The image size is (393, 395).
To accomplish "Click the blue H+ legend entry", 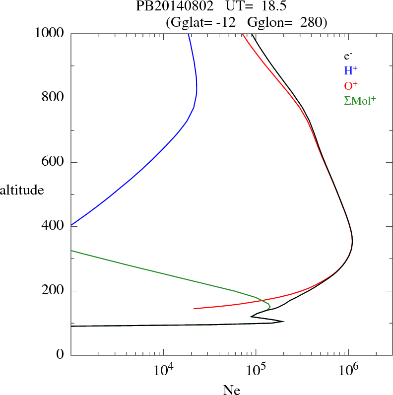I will (350, 70).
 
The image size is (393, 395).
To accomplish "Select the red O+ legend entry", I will (351, 85).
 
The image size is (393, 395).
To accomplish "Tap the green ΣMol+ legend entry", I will (360, 101).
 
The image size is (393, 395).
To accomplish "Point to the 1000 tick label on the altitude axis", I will (50, 33).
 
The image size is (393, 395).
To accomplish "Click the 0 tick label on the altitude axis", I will (61, 355).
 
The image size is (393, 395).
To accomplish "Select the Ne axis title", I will (231, 390).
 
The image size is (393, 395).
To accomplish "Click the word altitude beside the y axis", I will (22, 190).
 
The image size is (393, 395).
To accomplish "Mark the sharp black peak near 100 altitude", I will (283, 322).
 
